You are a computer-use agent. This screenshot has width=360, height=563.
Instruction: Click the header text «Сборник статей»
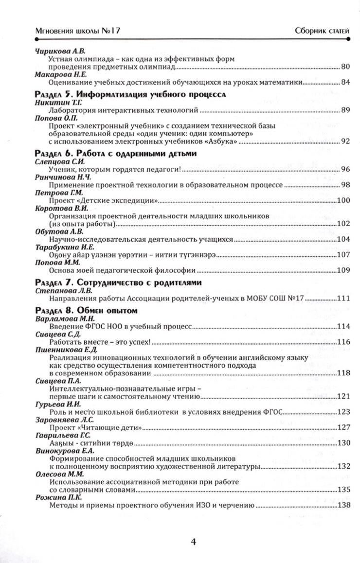[322, 31]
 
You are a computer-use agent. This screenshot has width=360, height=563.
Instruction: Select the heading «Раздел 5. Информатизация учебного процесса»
[131, 94]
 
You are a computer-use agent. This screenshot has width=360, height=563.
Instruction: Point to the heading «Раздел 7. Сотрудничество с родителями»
[119, 282]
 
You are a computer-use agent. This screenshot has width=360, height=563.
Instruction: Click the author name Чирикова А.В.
[58, 52]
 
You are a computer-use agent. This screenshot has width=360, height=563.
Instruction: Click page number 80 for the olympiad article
[346, 67]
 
